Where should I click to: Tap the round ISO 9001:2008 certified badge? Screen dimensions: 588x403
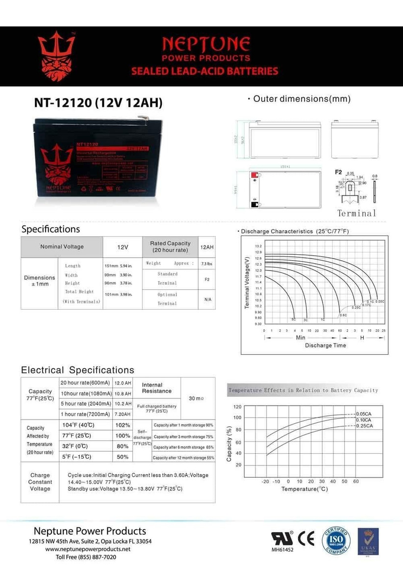(336, 541)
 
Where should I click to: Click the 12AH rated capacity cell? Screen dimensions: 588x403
(207, 247)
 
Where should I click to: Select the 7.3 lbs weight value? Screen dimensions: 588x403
(207, 264)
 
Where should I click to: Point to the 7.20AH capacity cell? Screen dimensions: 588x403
(123, 414)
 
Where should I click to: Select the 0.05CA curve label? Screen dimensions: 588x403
(364, 414)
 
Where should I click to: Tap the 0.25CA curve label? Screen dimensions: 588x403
(364, 426)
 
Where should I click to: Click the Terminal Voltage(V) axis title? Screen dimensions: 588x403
(247, 285)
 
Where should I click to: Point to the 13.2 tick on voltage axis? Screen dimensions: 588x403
(258, 245)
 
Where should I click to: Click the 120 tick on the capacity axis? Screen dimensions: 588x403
(237, 407)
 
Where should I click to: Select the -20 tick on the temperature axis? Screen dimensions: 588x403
(266, 482)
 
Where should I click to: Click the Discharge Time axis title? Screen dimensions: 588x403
(326, 345)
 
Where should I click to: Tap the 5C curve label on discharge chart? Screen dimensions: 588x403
(294, 319)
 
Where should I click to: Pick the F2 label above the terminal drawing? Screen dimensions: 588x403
(338, 172)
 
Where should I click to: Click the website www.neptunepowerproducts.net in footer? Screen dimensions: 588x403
(88, 549)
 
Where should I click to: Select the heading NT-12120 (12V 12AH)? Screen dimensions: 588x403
(98, 103)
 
